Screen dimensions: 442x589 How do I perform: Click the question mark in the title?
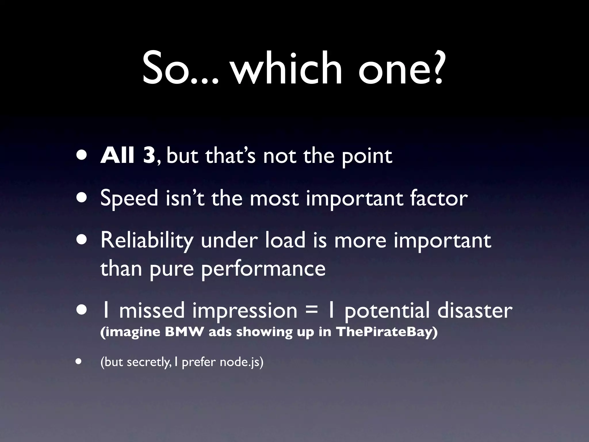point(435,68)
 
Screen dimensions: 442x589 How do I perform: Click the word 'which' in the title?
point(287,68)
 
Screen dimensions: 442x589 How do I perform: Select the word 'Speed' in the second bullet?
point(129,199)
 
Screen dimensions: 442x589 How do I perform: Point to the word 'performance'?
point(263,269)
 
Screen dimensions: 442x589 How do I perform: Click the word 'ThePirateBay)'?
point(387,332)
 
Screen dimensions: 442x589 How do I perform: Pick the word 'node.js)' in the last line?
point(242,362)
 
